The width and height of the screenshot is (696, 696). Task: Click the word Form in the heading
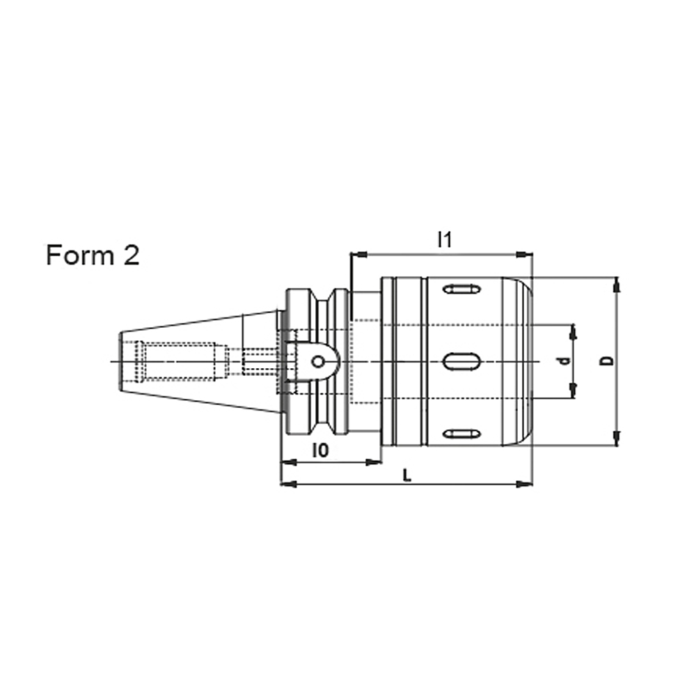(x=80, y=255)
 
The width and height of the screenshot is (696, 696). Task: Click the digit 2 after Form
(x=132, y=255)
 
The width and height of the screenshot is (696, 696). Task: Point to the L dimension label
(x=406, y=476)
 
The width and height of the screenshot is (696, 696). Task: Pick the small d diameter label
(x=564, y=361)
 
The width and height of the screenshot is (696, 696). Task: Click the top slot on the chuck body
(x=462, y=289)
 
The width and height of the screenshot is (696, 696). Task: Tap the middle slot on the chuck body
(x=461, y=361)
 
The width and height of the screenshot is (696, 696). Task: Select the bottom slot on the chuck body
(x=462, y=434)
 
